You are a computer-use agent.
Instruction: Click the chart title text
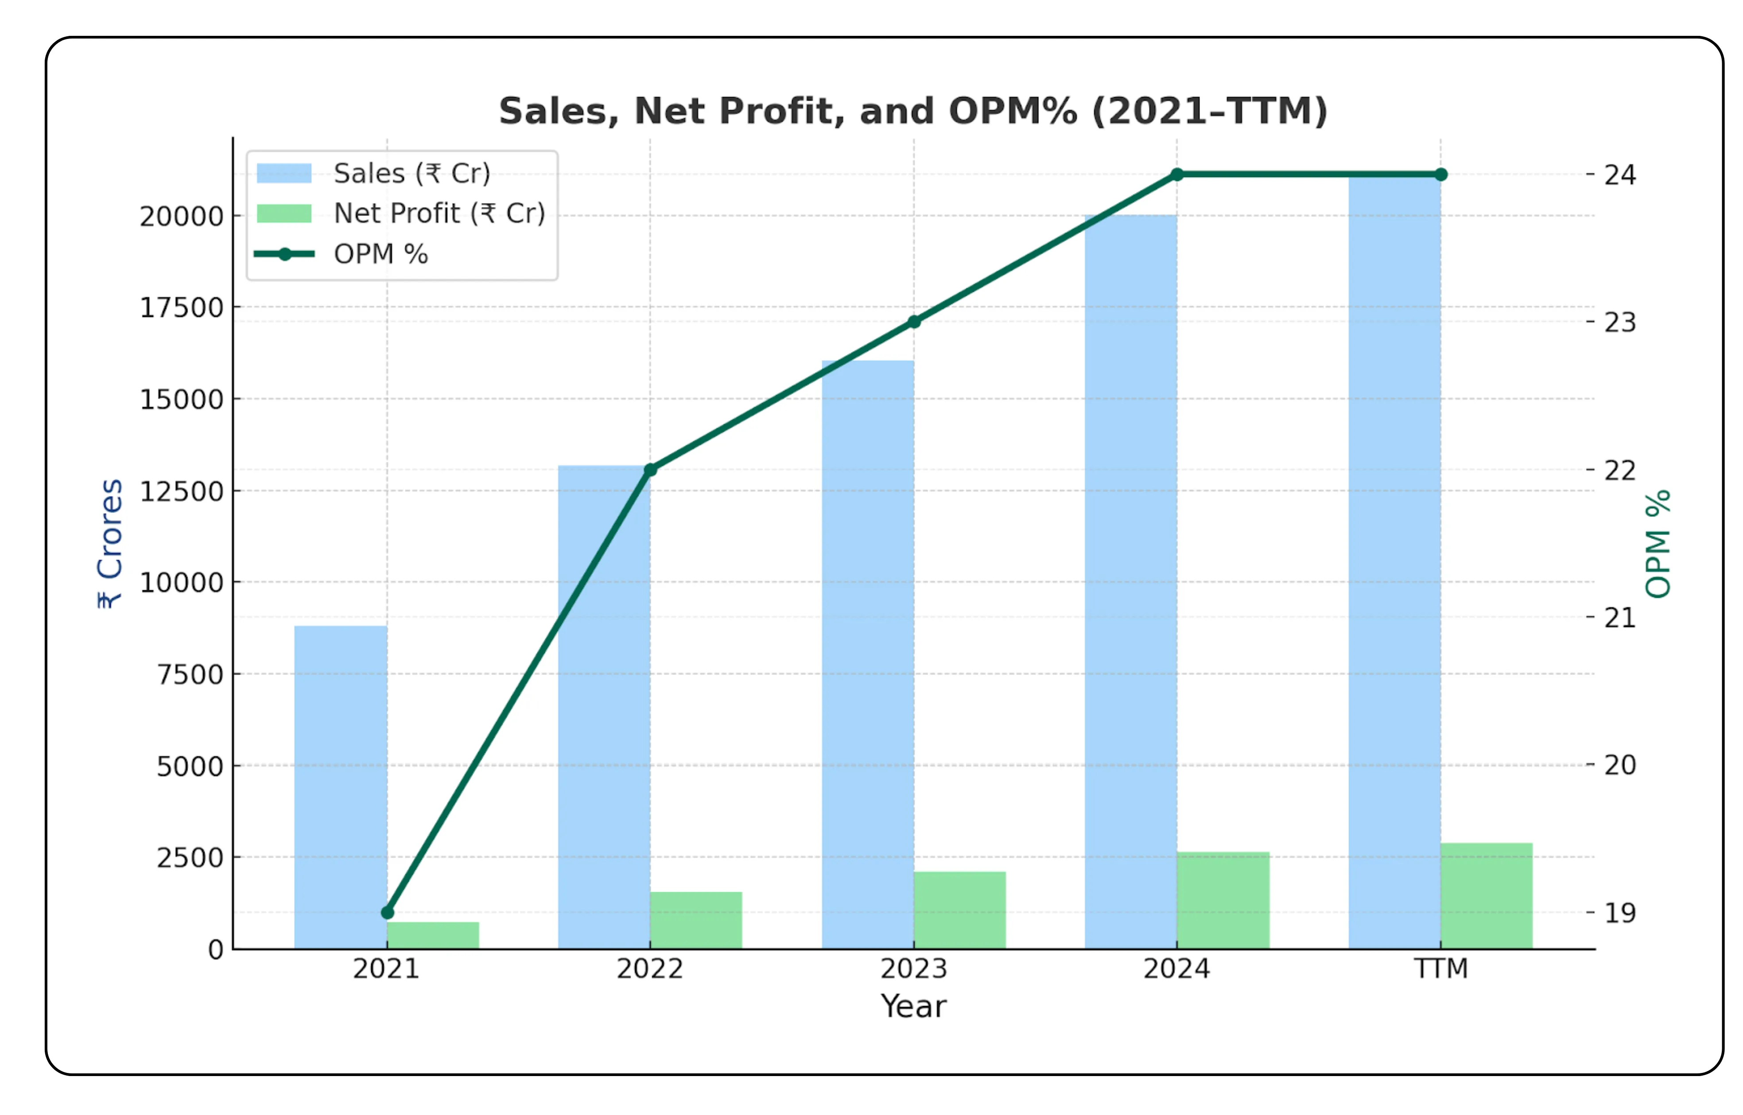tap(913, 112)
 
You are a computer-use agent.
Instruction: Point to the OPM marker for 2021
tap(388, 912)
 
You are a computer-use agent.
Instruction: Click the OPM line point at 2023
tap(914, 321)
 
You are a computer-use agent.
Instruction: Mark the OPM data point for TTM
tap(1441, 174)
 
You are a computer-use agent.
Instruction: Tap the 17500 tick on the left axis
tap(181, 308)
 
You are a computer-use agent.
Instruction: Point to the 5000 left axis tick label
tap(190, 766)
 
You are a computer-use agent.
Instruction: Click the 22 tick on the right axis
tap(1620, 471)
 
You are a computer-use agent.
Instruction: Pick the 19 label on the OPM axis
tap(1620, 913)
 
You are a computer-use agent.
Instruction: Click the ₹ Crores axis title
tap(110, 543)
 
